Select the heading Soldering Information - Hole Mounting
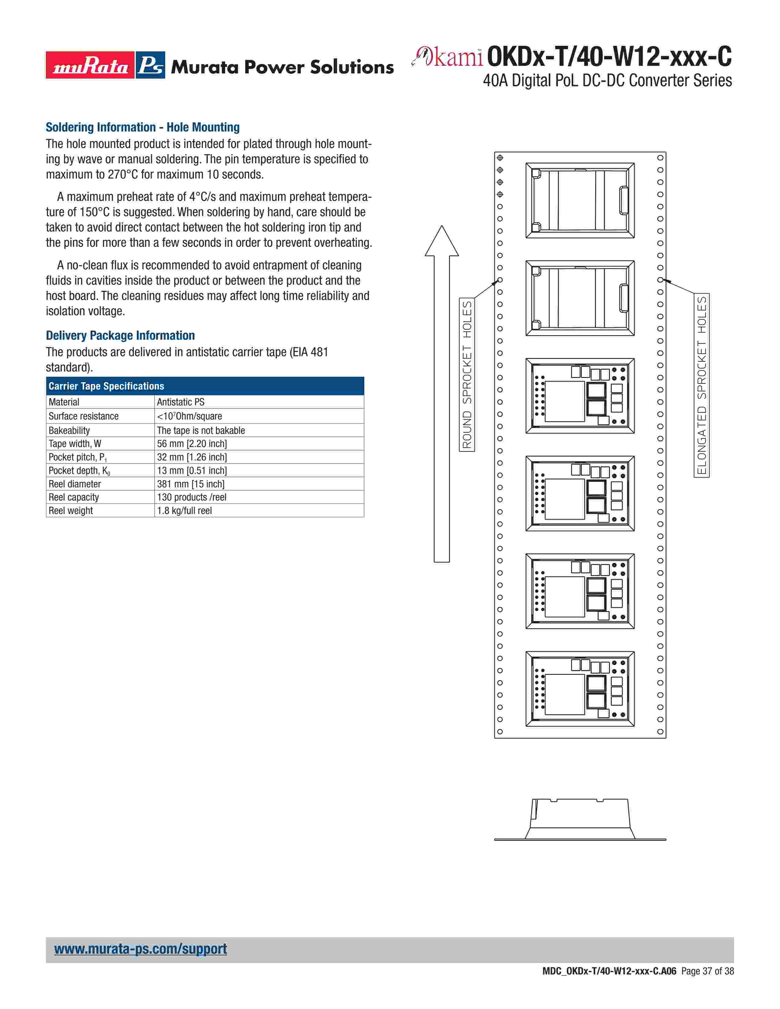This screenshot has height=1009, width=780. (142, 127)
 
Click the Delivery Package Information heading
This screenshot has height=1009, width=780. (120, 335)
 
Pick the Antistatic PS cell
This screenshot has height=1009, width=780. (181, 402)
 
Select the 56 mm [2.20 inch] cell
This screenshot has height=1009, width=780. (192, 444)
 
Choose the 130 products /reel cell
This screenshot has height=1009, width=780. (191, 497)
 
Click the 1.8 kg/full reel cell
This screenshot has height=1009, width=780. (184, 511)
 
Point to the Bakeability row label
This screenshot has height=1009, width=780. (69, 431)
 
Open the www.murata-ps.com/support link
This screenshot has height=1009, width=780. (140, 949)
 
